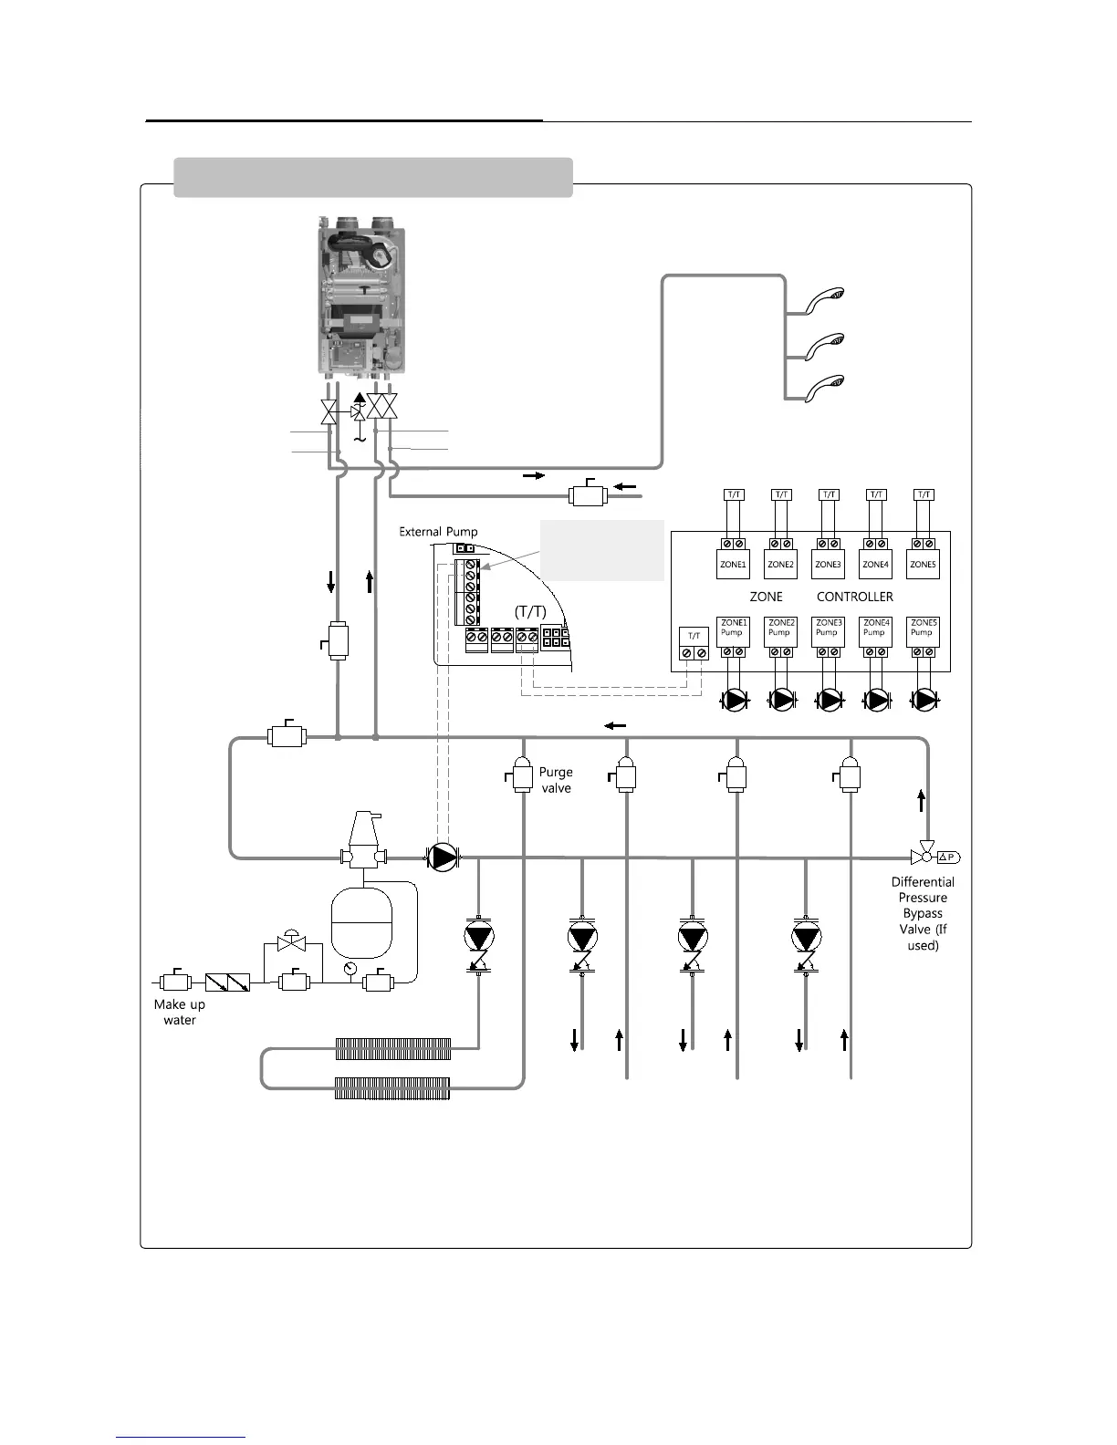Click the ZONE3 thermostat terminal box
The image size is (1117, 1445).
pos(828,564)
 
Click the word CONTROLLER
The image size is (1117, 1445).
pos(855,597)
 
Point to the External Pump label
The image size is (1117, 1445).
pos(438,532)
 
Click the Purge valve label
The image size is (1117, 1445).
pos(556,780)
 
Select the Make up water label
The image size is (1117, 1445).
pos(180,1012)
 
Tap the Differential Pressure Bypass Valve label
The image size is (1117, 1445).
pos(923,913)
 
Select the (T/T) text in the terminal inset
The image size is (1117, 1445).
pos(530,611)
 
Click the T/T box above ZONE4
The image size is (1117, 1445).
pos(876,494)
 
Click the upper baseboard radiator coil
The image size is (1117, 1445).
pos(393,1048)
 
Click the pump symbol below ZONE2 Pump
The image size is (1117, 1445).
pos(781,701)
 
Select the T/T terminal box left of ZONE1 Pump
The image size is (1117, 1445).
pos(694,645)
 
